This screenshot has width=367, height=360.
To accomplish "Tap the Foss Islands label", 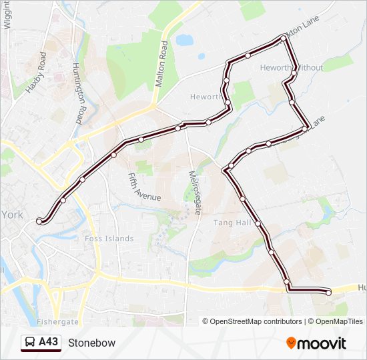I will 109,239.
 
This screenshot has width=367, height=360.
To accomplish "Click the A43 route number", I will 48,343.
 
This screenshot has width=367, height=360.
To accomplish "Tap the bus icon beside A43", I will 30,343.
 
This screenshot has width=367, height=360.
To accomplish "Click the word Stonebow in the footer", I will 91,343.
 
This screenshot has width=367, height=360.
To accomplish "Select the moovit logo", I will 316,343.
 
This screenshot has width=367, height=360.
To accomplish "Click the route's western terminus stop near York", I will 39,221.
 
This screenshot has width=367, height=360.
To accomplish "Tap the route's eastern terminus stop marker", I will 329,292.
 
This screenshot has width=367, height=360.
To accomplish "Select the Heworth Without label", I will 291,68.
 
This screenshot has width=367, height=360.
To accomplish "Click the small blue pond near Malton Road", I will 185,40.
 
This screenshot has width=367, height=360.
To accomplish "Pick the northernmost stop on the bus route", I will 284,38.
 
